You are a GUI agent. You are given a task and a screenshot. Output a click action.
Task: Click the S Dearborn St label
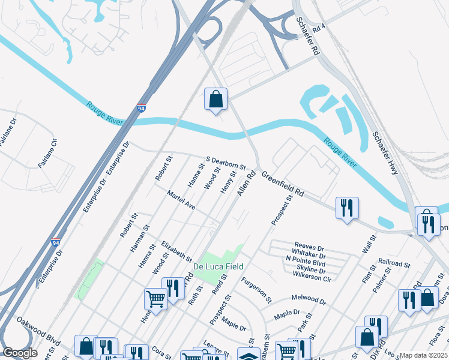[x=226, y=163]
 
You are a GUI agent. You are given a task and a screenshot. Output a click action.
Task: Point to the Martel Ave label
[x=181, y=200]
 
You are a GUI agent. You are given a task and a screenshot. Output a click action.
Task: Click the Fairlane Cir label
[x=48, y=153]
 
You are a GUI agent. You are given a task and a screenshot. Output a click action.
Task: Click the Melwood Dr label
[x=309, y=299]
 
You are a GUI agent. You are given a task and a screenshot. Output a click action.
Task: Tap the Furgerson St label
[x=256, y=290]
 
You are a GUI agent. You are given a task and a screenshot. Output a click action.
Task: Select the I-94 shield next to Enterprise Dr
[x=141, y=109]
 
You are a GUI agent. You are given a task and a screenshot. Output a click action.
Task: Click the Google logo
[x=20, y=353]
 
